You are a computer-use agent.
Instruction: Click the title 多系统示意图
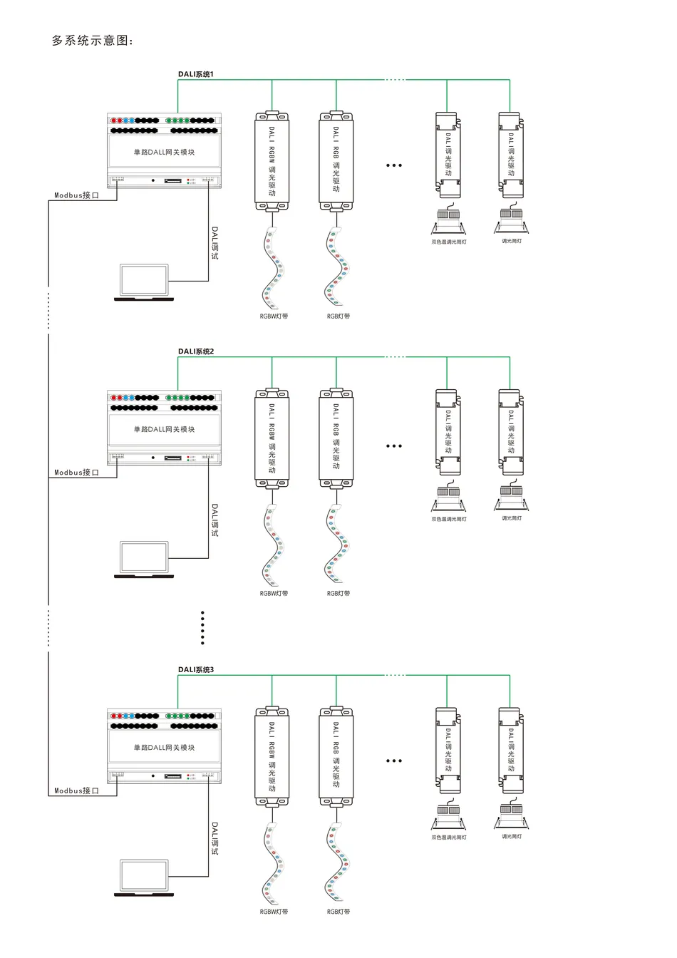click(93, 41)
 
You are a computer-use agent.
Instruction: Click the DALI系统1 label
click(195, 74)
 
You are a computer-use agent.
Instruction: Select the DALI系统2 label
click(195, 351)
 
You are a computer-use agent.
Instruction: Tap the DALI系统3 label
click(195, 670)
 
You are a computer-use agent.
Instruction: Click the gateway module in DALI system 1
click(164, 151)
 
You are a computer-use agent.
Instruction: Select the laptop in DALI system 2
click(144, 560)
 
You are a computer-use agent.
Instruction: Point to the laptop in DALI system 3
click(144, 878)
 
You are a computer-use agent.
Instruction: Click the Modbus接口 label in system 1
click(76, 195)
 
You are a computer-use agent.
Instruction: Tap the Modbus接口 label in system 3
click(76, 791)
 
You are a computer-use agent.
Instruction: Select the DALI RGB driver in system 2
click(336, 438)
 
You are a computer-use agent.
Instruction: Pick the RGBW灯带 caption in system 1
click(274, 316)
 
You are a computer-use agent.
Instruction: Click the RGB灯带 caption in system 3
click(338, 912)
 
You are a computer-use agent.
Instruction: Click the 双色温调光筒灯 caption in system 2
click(448, 519)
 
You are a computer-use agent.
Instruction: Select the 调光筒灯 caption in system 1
click(511, 242)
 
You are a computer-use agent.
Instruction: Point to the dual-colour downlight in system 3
click(448, 817)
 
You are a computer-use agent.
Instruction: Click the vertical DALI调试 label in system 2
click(215, 520)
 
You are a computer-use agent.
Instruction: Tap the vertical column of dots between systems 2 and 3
click(202, 628)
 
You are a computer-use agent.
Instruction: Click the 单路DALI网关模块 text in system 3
click(164, 748)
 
